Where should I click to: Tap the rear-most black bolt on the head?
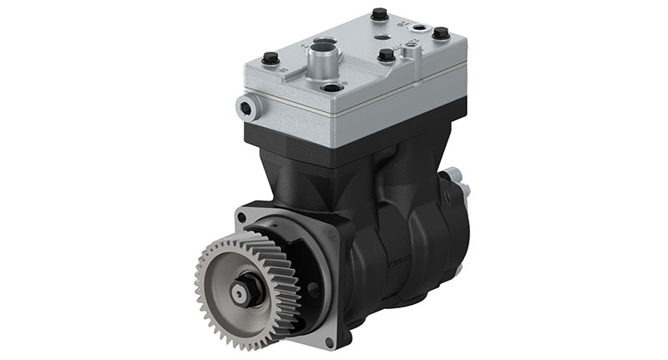pyautogui.click(x=379, y=14)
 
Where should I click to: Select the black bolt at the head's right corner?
pyautogui.click(x=440, y=34)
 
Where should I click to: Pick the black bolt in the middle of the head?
pyautogui.click(x=386, y=55)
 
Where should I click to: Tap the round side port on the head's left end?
pyautogui.click(x=245, y=106)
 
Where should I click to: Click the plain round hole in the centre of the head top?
pyautogui.click(x=380, y=38)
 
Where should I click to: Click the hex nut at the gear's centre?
pyautogui.click(x=241, y=293)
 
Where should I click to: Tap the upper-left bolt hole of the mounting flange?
pyautogui.click(x=242, y=217)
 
